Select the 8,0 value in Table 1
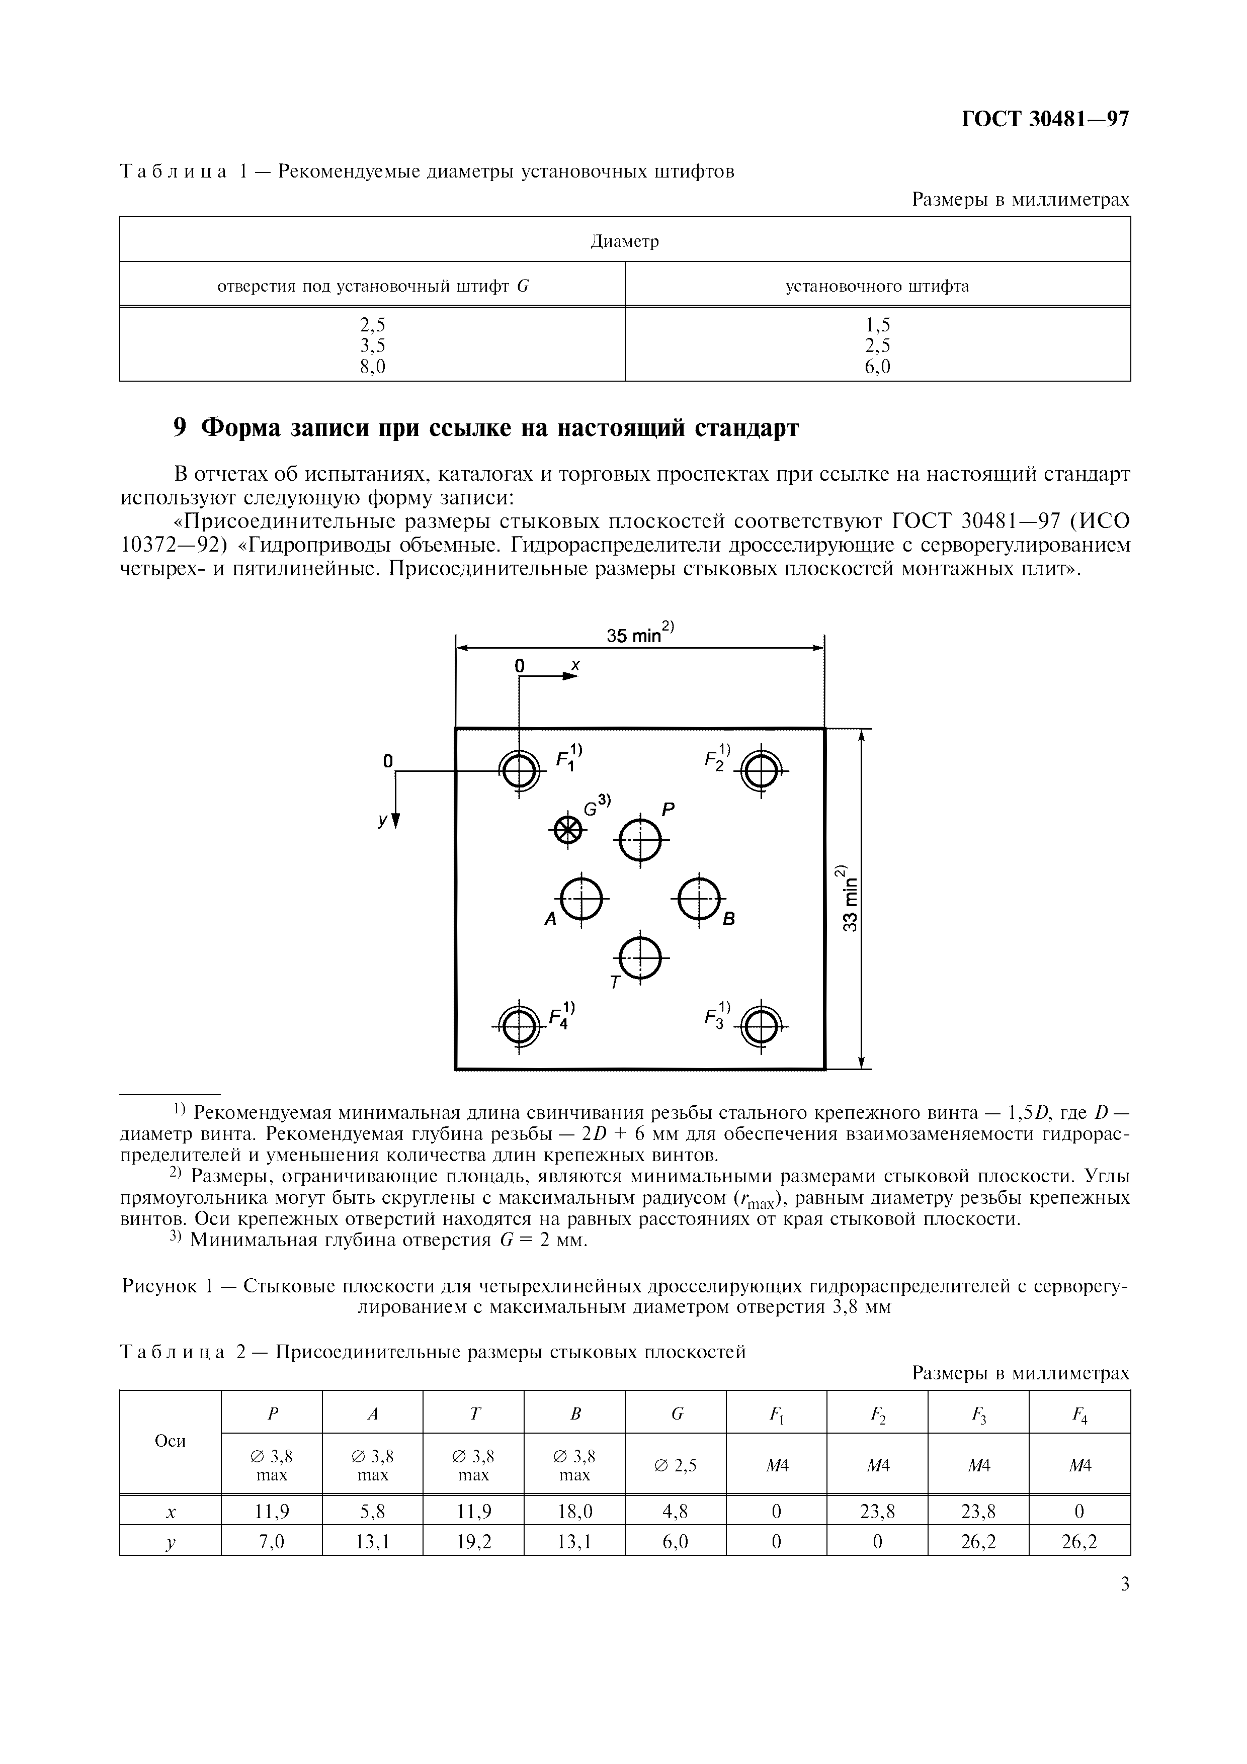pyautogui.click(x=373, y=367)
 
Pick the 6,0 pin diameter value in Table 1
pyautogui.click(x=877, y=367)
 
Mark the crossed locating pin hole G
pyautogui.click(x=567, y=829)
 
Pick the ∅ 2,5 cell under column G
pyautogui.click(x=676, y=1465)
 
